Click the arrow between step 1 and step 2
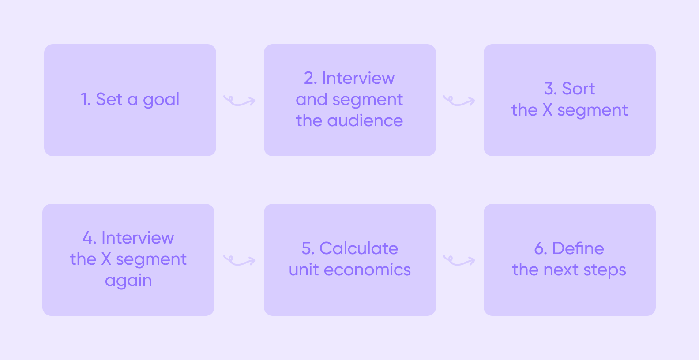click(239, 101)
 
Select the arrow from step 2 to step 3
click(459, 101)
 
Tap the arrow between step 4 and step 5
click(239, 261)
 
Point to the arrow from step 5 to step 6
click(459, 261)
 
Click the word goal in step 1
click(161, 100)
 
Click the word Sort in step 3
click(578, 89)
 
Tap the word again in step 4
click(128, 281)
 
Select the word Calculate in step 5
click(358, 248)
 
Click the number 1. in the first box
click(86, 99)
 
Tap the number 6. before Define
click(541, 248)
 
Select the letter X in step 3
click(547, 110)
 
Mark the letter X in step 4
click(106, 259)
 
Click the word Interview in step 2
click(358, 78)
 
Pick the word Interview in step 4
click(137, 238)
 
